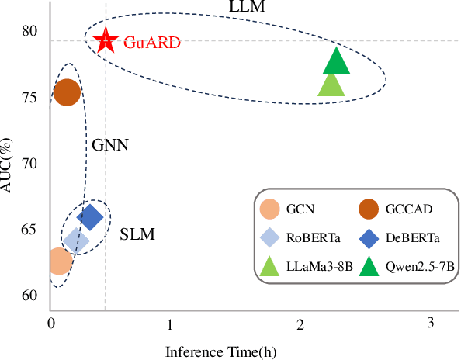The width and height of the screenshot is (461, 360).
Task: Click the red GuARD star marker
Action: (106, 40)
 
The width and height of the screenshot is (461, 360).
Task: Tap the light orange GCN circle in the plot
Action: (59, 261)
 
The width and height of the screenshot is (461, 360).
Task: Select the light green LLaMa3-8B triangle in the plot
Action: (331, 85)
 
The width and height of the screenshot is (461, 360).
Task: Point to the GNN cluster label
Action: (109, 144)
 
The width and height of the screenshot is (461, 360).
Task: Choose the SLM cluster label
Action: (137, 234)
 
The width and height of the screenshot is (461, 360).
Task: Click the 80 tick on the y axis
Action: (29, 31)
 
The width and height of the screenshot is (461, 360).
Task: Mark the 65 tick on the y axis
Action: (29, 230)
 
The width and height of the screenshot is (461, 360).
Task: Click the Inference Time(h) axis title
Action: (221, 351)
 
